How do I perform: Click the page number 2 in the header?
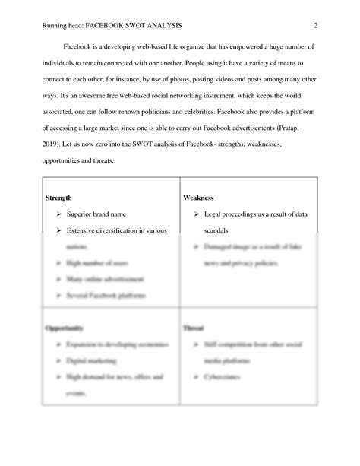coord(315,27)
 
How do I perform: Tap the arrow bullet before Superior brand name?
coord(58,215)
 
